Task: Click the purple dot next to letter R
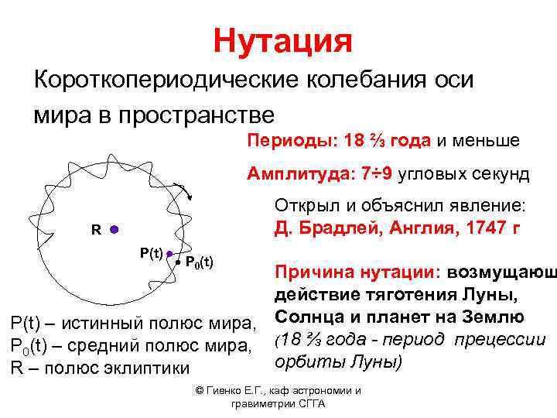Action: pos(113,230)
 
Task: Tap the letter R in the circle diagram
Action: pos(95,230)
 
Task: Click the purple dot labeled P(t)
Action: pos(169,254)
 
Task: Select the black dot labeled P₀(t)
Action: pos(178,262)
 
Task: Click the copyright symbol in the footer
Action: pos(200,391)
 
